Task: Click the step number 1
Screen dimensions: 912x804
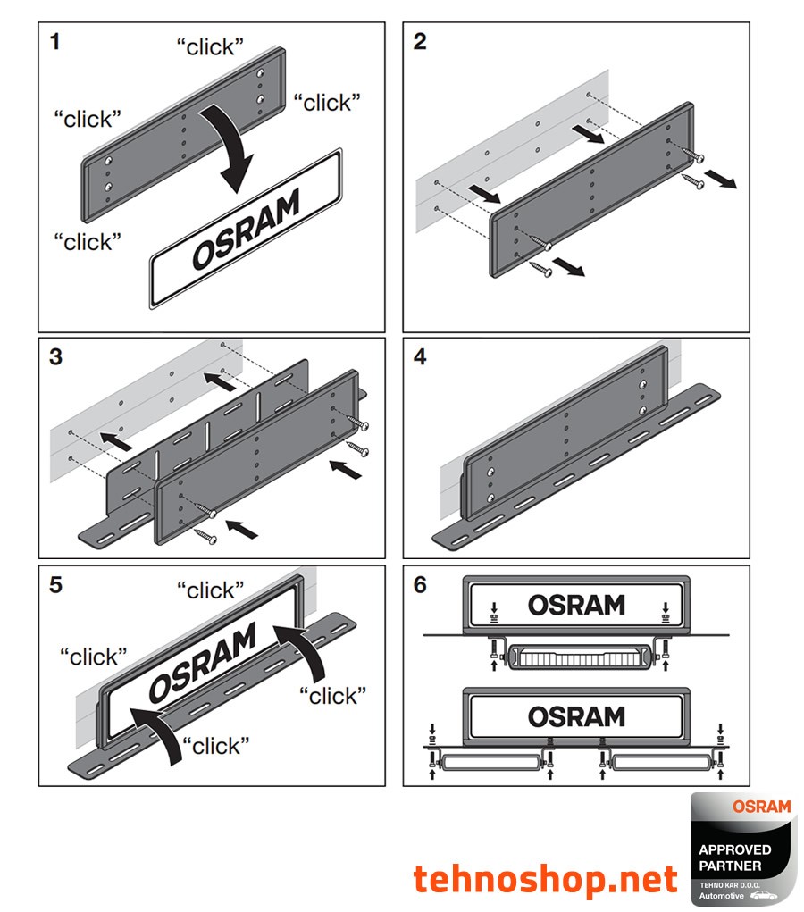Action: coord(55,42)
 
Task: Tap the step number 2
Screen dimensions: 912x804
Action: coord(421,42)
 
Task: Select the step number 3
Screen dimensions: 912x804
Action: coord(55,357)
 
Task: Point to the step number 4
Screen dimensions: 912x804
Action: coord(421,357)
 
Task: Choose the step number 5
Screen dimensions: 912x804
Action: coord(55,585)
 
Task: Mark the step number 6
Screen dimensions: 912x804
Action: coord(421,585)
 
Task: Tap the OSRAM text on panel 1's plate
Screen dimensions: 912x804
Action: coord(245,230)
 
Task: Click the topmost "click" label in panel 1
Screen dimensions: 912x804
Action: coord(210,47)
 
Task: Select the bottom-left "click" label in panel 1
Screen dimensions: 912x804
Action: coord(88,241)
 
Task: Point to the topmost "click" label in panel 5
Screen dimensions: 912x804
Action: coord(210,590)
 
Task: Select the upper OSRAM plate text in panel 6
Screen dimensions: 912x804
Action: coord(576,605)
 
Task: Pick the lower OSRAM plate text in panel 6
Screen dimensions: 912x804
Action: coord(576,715)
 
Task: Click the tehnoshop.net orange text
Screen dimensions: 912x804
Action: coord(545,880)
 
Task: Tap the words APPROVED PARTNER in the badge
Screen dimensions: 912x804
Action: coord(735,858)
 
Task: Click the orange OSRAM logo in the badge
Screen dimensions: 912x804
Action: coord(761,807)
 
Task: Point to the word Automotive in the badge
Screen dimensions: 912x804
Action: coord(722,894)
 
